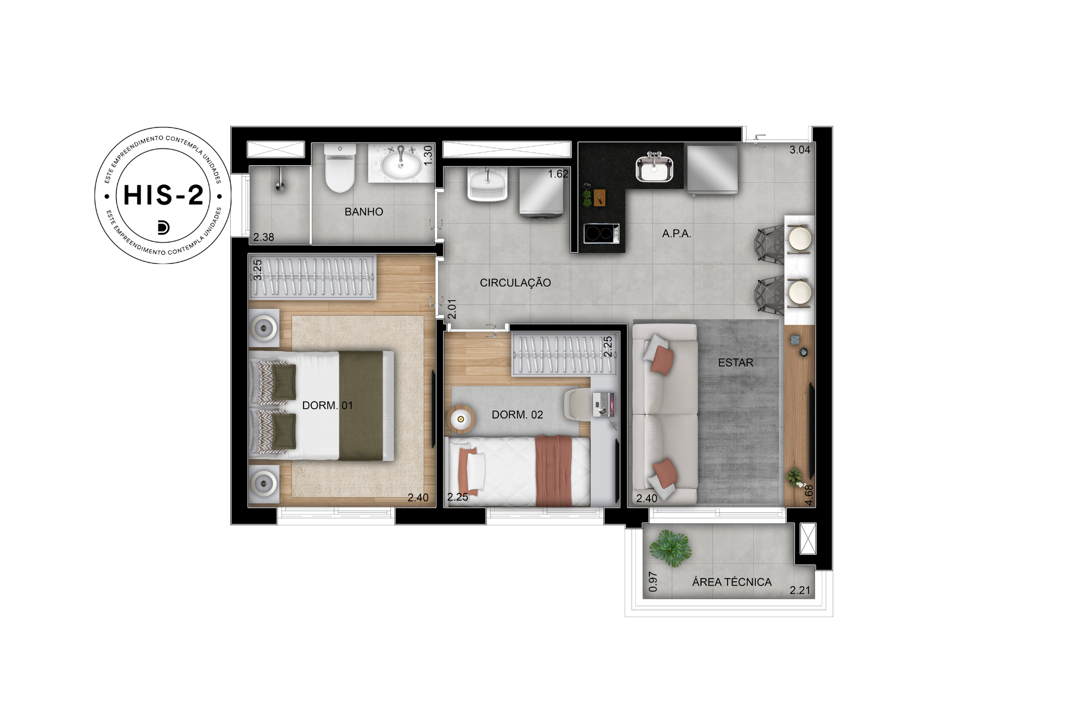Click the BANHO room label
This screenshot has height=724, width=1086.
click(x=364, y=212)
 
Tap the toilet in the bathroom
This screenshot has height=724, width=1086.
click(x=340, y=168)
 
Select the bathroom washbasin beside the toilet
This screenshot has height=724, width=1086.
click(x=401, y=163)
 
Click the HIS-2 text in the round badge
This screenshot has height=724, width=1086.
click(x=163, y=195)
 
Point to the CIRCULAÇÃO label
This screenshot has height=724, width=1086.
click(x=515, y=282)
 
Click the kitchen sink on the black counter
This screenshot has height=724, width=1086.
click(x=654, y=168)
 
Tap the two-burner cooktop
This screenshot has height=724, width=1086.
click(x=601, y=233)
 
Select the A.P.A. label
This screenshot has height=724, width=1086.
click(x=677, y=233)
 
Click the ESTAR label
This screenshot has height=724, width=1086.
click(x=736, y=363)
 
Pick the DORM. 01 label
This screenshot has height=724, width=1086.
click(x=327, y=405)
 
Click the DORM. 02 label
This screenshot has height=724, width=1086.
click(x=517, y=415)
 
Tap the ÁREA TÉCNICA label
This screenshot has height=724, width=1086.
click(x=732, y=582)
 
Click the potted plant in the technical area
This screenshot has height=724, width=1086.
click(x=671, y=548)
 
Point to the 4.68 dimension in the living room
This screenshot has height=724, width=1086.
click(x=809, y=494)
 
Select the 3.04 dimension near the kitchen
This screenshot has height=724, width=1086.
click(x=800, y=150)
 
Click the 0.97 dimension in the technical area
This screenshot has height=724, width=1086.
click(x=653, y=581)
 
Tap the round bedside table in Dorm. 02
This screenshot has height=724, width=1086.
click(x=461, y=419)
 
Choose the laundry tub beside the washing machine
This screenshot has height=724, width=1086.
click(x=488, y=183)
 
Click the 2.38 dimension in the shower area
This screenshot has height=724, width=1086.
click(x=263, y=237)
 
